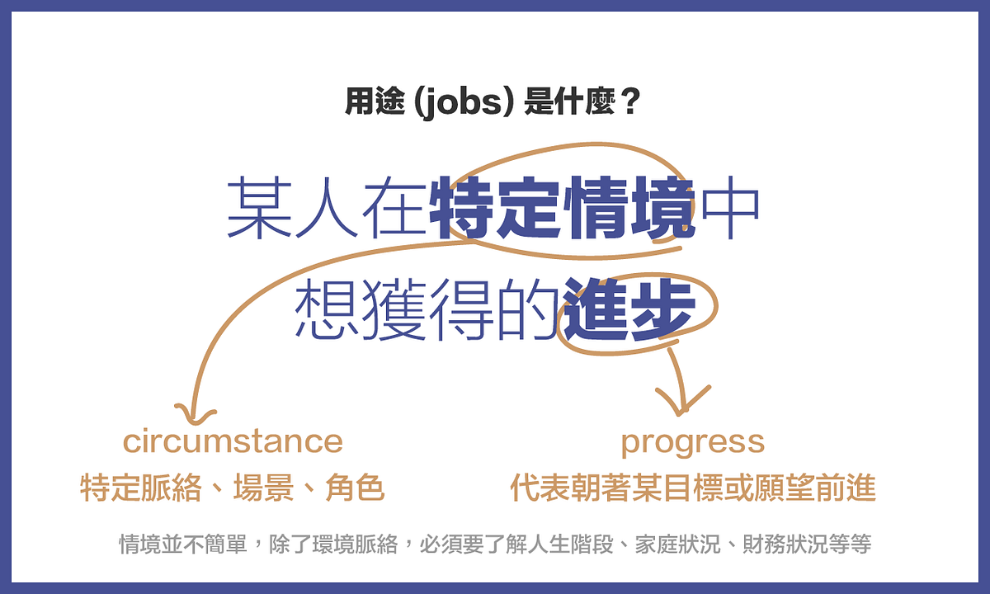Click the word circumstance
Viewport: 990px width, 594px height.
coord(233,441)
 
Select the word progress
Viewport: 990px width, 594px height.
coord(692,443)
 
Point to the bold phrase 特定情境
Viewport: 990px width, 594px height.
coord(562,208)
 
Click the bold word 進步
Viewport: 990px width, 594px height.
coord(629,309)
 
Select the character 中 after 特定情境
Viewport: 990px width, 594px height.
coord(730,208)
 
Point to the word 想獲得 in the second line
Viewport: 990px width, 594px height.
coord(394,309)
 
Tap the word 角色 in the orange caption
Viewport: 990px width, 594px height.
coord(355,488)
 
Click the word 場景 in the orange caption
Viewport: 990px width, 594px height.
coord(263,488)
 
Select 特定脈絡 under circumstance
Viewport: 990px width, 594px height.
coord(141,488)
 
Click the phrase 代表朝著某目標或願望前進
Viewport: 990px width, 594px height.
coord(693,488)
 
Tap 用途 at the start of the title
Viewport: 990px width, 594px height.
coord(375,102)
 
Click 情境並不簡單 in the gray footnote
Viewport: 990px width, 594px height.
coord(183,544)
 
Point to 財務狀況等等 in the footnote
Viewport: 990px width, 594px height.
coord(807,544)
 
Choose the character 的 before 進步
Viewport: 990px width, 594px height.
coord(527,309)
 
